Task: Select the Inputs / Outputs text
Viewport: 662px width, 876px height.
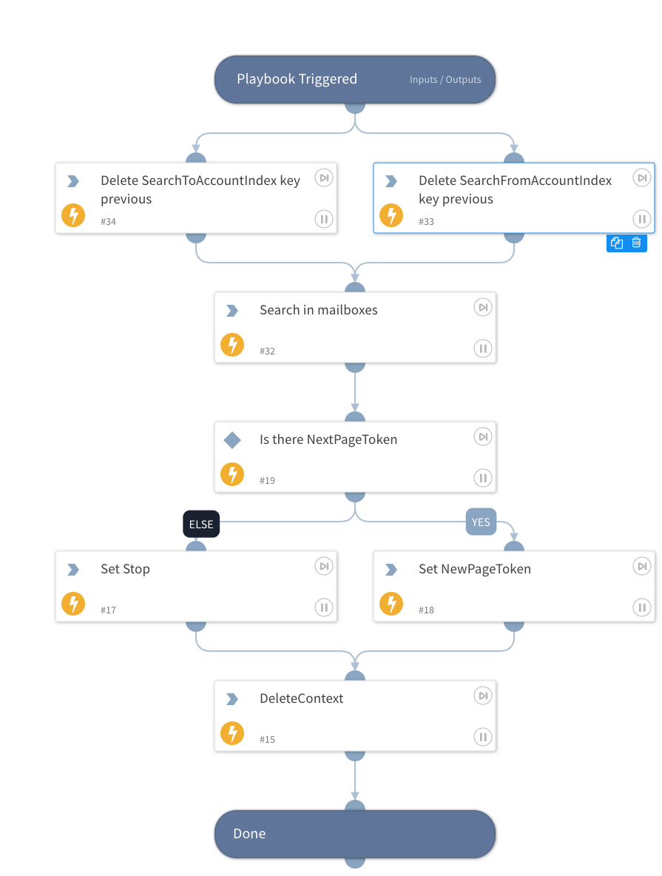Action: click(445, 80)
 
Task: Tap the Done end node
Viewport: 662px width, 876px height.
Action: click(354, 834)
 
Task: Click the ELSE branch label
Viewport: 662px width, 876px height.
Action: click(201, 525)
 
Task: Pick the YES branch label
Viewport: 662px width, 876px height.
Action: click(481, 522)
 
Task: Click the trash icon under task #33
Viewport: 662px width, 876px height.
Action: click(636, 243)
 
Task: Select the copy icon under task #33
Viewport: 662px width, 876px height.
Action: click(617, 243)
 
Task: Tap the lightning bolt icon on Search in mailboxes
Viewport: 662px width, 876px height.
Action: click(232, 345)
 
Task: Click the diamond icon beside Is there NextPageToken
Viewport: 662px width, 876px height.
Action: click(232, 440)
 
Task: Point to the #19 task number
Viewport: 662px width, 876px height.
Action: click(267, 481)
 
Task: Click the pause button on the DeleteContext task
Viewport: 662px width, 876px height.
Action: click(482, 737)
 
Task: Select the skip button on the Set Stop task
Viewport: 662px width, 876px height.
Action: click(324, 566)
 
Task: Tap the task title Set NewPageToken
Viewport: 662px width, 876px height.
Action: click(474, 569)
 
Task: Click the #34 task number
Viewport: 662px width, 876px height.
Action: click(109, 222)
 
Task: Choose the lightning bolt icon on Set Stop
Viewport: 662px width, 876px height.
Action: click(73, 604)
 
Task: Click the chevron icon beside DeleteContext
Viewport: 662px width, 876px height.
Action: click(232, 699)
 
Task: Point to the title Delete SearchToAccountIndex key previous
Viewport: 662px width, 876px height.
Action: click(200, 189)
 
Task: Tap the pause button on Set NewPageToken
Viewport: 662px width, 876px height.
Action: click(641, 607)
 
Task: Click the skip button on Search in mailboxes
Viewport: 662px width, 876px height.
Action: click(482, 307)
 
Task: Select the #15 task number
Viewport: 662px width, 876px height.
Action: click(267, 740)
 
